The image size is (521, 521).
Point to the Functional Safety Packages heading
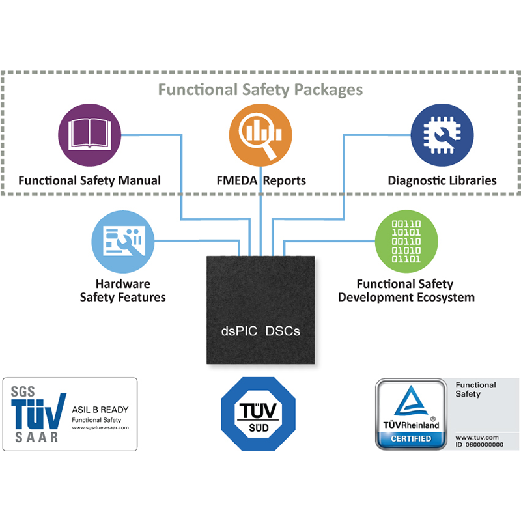point(260,89)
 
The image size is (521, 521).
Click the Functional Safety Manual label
point(89,180)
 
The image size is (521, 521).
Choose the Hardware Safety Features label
point(122,290)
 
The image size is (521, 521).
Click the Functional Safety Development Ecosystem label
point(405,290)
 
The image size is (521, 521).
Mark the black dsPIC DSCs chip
point(260,309)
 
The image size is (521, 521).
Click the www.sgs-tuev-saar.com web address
point(100,427)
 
